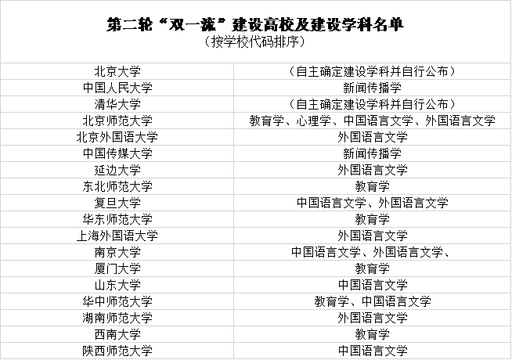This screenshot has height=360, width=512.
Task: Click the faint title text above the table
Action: pos(255,26)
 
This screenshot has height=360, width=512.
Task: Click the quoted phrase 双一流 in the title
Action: pos(182,26)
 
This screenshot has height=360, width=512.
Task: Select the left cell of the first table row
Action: pos(117,71)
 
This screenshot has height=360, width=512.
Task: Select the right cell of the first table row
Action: pos(372,71)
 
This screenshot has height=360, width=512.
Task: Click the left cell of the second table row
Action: pos(117,88)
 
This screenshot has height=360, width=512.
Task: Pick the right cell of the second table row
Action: pos(372,88)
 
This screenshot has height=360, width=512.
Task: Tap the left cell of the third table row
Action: pos(117,104)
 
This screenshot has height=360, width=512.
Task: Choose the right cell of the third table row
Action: pos(372,104)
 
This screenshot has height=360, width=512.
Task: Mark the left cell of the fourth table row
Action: pos(117,121)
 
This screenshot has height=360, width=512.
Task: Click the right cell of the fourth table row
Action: pos(372,121)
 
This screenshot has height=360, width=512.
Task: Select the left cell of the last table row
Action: pos(117,351)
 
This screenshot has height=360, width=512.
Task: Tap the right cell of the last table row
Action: pos(372,351)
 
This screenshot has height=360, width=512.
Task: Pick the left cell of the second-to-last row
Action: pos(117,334)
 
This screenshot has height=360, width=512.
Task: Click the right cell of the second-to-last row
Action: pos(372,334)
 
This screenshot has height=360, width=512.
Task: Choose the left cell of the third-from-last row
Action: pos(117,318)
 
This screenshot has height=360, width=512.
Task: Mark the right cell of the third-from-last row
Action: pos(372,318)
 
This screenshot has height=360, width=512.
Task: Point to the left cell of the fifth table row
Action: pos(117,137)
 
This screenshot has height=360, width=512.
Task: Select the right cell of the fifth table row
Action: pos(372,137)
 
